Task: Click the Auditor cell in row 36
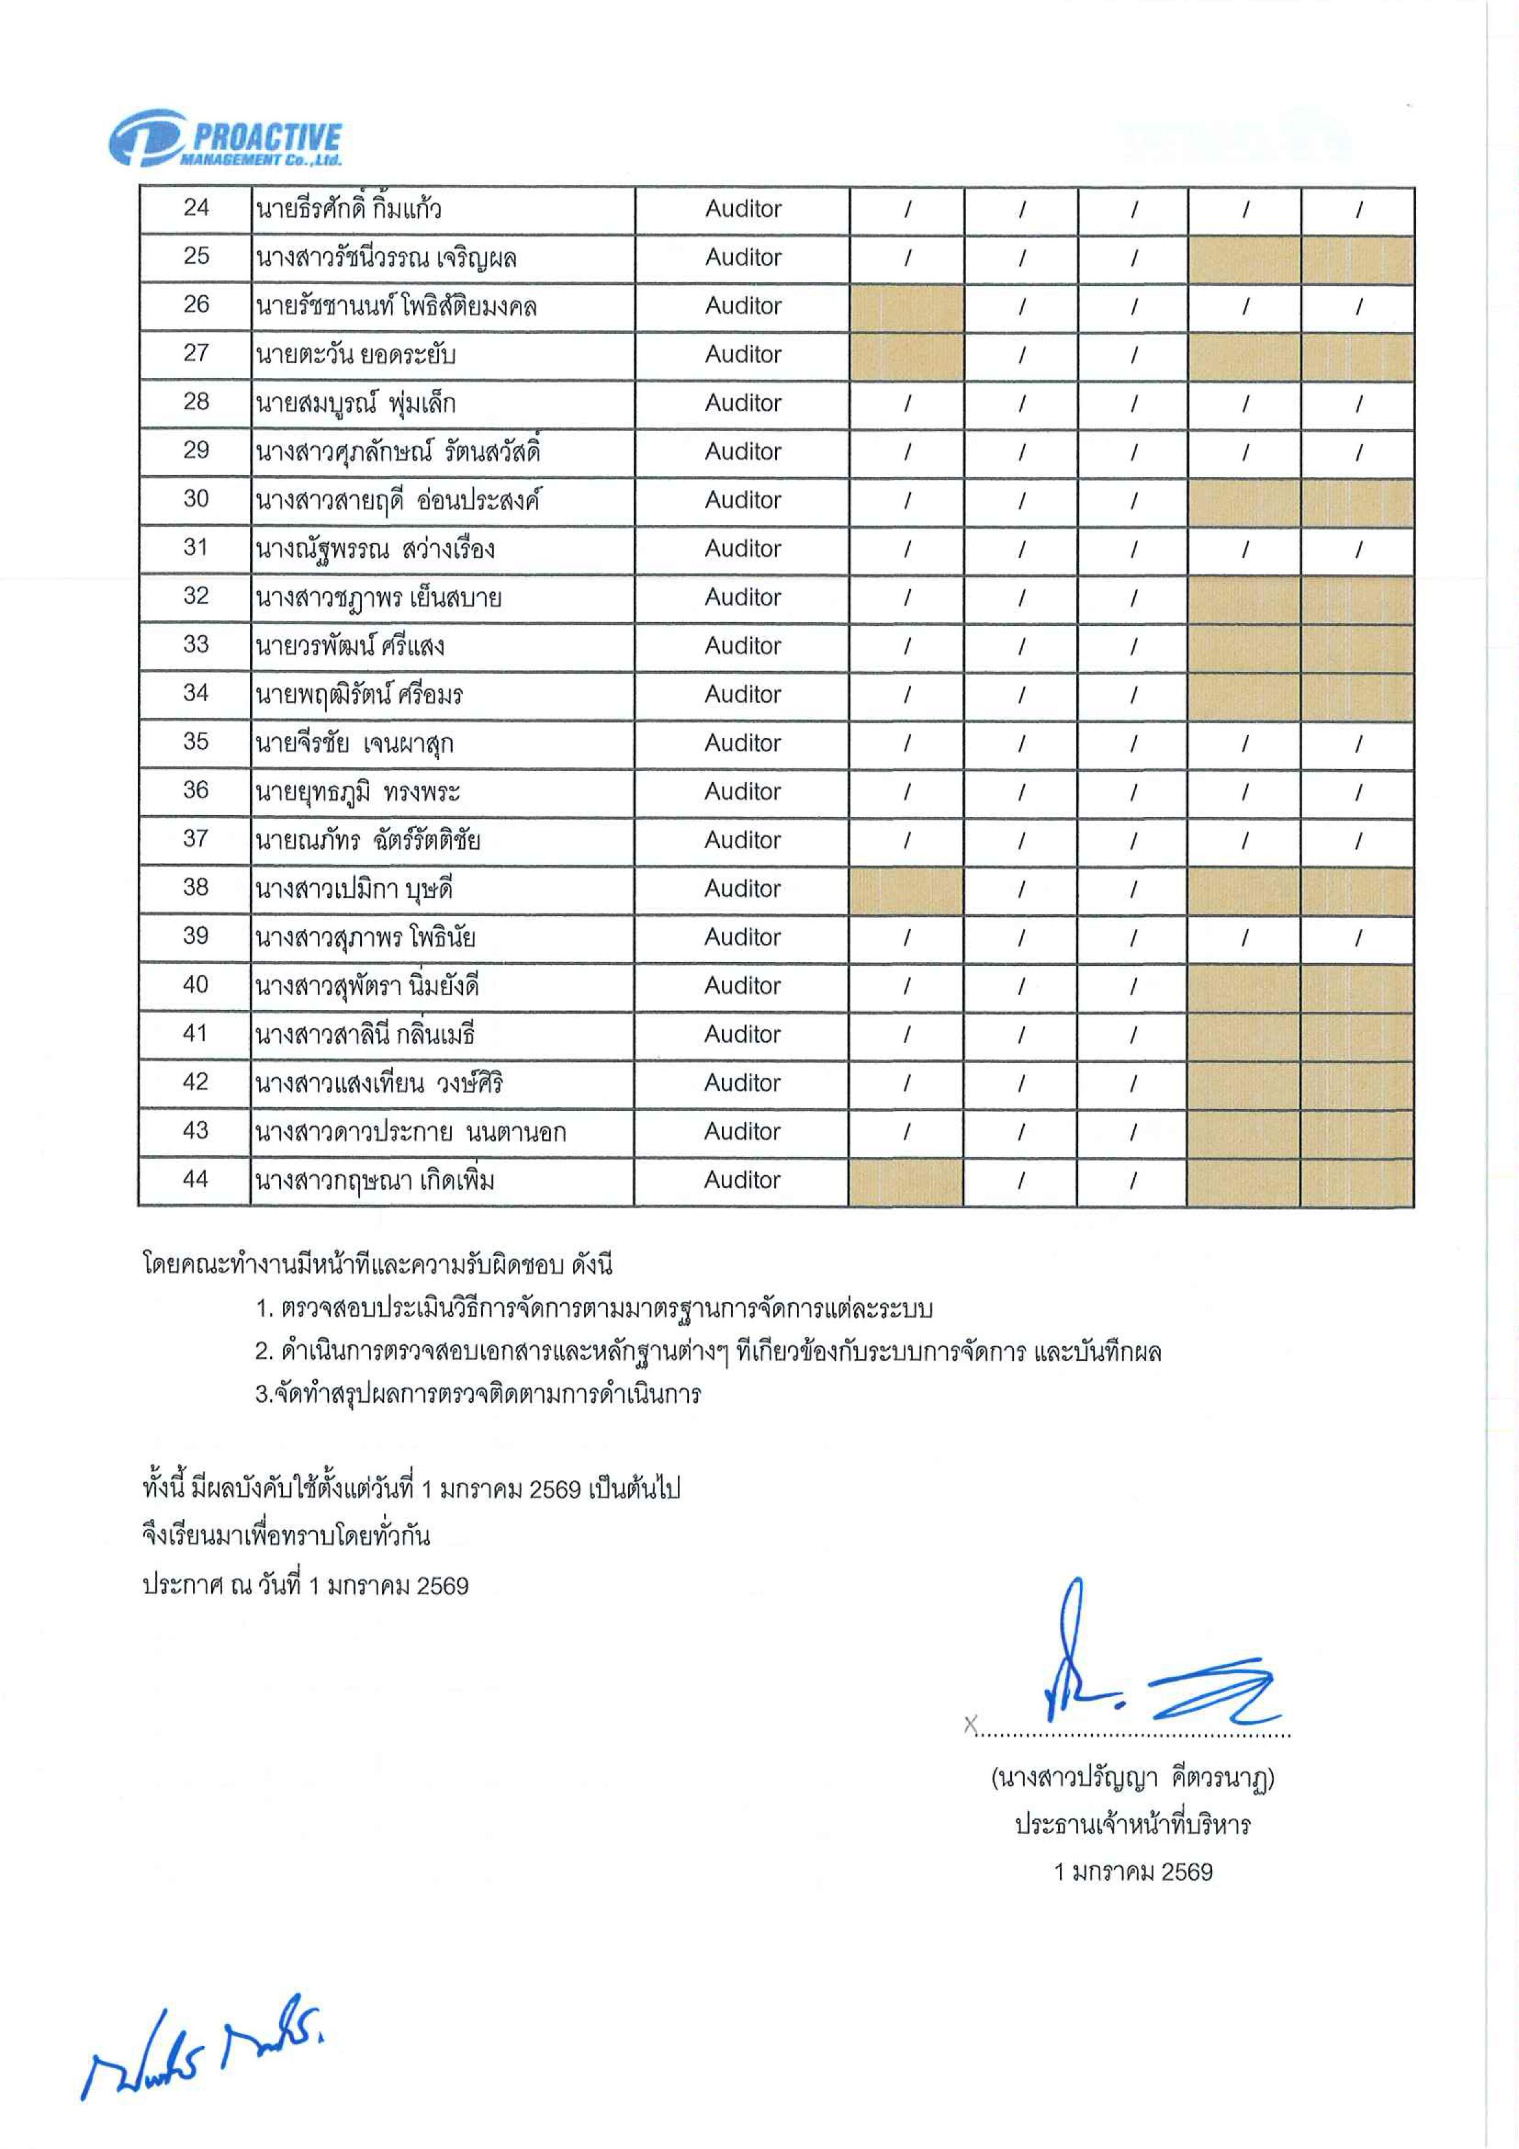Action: pyautogui.click(x=742, y=792)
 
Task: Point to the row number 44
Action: pyautogui.click(x=195, y=1180)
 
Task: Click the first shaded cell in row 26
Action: pyautogui.click(x=906, y=307)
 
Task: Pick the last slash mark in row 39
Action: pyautogui.click(x=1357, y=938)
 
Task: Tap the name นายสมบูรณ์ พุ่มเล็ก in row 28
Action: pyautogui.click(x=356, y=404)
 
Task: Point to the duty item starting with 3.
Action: pyautogui.click(x=478, y=1394)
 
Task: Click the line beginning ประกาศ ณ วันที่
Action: pyautogui.click(x=305, y=1586)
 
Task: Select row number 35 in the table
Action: pyautogui.click(x=195, y=742)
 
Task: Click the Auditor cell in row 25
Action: pyautogui.click(x=742, y=257)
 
